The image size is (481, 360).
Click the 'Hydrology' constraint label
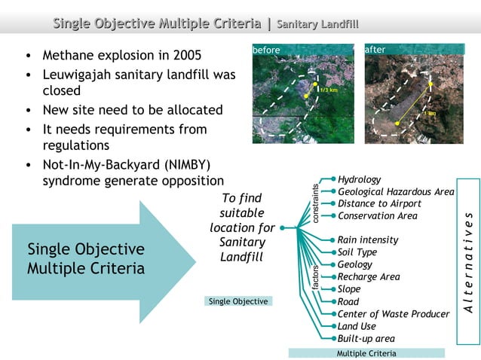(x=360, y=180)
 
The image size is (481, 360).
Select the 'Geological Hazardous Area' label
(x=396, y=192)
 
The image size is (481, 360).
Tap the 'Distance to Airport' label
(x=379, y=204)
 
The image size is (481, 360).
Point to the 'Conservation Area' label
(x=377, y=216)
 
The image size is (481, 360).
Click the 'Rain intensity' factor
(x=368, y=240)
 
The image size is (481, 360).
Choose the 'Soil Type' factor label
(x=357, y=252)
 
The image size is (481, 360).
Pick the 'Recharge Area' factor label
(x=369, y=277)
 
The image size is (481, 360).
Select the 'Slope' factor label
(x=349, y=289)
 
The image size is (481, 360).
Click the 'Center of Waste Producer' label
(x=393, y=314)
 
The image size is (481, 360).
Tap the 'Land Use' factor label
(x=357, y=326)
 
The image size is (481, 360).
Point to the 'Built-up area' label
(x=366, y=339)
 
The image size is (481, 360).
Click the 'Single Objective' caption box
(x=238, y=301)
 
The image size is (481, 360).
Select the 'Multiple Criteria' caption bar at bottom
(x=366, y=352)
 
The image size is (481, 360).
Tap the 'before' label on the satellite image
(x=266, y=50)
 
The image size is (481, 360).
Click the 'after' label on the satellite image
(x=375, y=50)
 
